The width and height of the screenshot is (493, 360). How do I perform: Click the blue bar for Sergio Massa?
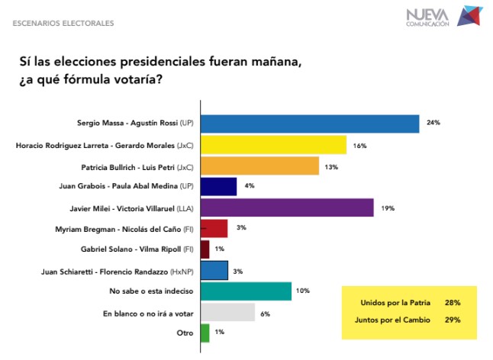click(x=309, y=124)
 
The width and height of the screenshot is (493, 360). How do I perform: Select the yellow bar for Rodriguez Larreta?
click(x=273, y=144)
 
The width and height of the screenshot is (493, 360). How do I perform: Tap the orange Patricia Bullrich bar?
click(x=259, y=166)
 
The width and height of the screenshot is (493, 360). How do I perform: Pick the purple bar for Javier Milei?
click(x=286, y=207)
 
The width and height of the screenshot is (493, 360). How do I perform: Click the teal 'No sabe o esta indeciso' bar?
click(x=246, y=291)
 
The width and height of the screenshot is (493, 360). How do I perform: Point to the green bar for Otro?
click(x=205, y=333)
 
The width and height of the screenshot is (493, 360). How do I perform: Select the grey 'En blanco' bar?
click(x=227, y=312)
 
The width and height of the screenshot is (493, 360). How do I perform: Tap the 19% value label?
click(x=388, y=207)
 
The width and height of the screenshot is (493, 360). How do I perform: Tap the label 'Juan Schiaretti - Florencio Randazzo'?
click(x=122, y=270)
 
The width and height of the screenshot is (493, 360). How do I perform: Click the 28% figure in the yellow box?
click(x=451, y=303)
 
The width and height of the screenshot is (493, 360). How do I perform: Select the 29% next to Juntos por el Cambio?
click(x=451, y=320)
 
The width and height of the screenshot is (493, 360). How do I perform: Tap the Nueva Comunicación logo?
click(x=443, y=16)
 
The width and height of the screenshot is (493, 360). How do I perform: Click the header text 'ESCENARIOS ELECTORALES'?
click(x=63, y=23)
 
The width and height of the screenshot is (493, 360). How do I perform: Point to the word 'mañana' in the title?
click(x=272, y=63)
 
